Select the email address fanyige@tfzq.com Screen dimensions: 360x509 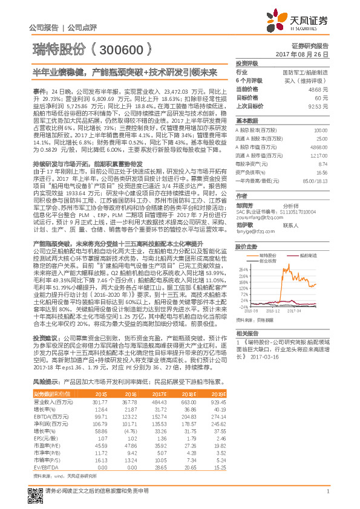pos(253,231)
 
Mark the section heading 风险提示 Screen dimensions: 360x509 pos(45,382)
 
